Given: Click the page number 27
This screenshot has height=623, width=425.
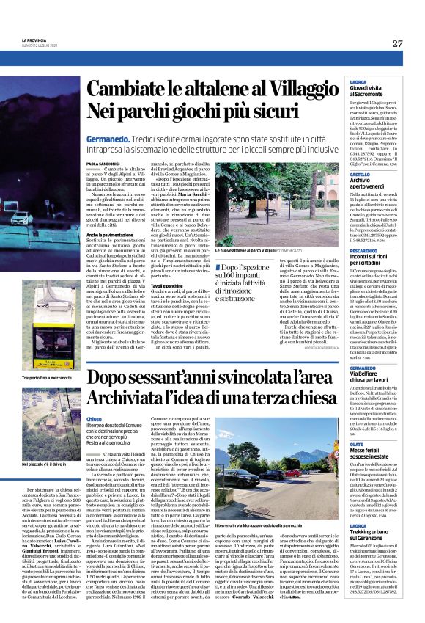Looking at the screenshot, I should [x=397, y=43].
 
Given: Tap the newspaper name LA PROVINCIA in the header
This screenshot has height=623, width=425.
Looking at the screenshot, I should [x=34, y=40].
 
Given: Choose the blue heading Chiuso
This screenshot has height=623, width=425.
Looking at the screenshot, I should [x=95, y=418].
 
